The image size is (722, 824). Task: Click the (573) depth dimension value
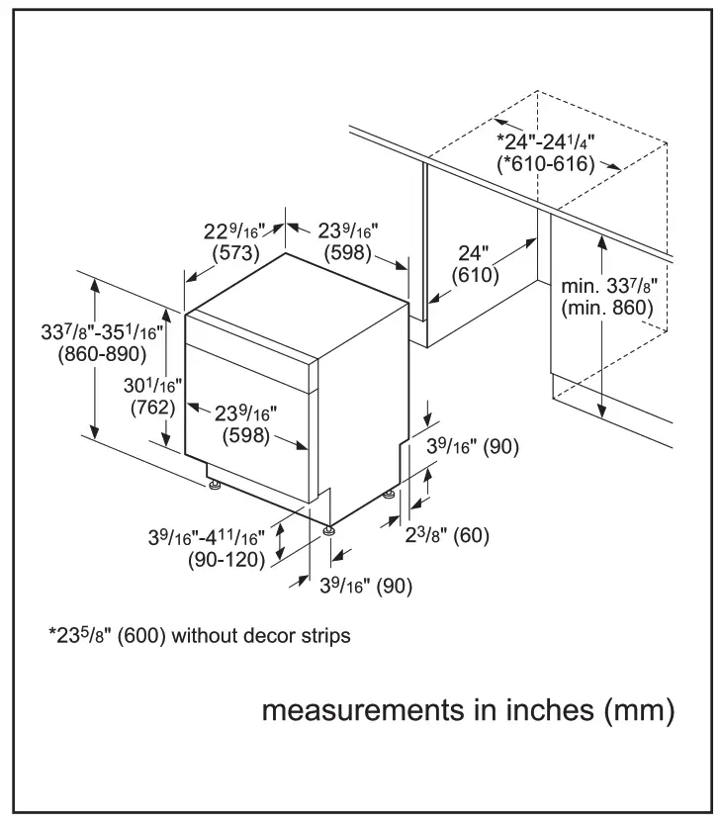[x=236, y=253]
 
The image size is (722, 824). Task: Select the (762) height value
[x=152, y=406]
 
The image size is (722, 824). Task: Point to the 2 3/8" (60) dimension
[x=448, y=536]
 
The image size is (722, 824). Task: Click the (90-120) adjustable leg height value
[x=226, y=560]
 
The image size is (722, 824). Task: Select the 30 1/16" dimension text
[x=153, y=384]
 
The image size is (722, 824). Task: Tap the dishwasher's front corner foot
[x=327, y=531]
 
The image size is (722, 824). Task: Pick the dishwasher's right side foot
[x=389, y=493]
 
